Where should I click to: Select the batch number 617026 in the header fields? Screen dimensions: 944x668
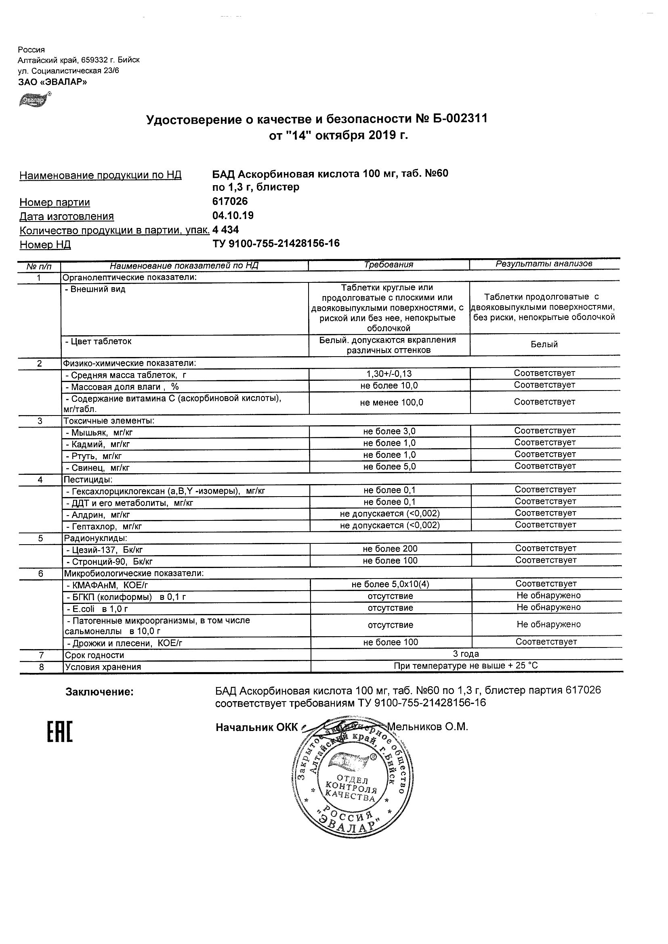tap(230, 201)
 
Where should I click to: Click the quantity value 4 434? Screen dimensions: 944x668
tap(225, 230)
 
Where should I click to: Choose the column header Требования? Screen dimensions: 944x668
tap(389, 265)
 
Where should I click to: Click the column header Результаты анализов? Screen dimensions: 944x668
tap(544, 264)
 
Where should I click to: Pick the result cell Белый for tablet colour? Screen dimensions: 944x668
tap(544, 345)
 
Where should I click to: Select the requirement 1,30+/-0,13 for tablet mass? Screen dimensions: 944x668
tap(389, 374)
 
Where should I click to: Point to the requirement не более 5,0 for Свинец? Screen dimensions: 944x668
tap(389, 467)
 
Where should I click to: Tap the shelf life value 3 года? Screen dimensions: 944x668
tap(466, 654)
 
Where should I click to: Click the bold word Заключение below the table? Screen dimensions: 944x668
tap(100, 692)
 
